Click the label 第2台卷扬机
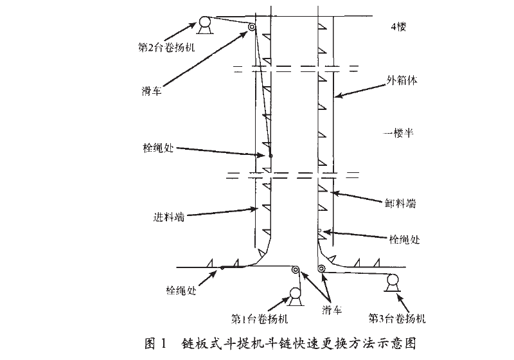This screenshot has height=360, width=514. (166, 48)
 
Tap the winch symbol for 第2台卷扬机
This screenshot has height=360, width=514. (205, 25)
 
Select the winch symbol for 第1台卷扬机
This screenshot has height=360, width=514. (296, 297)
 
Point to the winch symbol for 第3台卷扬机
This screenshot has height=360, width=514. (392, 282)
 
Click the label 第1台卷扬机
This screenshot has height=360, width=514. (260, 319)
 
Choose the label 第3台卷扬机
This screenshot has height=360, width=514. (397, 318)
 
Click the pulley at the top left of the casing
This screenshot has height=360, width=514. (252, 27)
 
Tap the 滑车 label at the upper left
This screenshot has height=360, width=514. (152, 91)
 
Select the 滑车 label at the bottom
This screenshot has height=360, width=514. (332, 309)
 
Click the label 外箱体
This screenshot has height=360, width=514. (402, 80)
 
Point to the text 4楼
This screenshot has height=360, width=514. (398, 26)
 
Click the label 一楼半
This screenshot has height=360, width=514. (398, 133)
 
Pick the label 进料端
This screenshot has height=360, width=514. (169, 217)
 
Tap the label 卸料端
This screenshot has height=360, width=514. (400, 203)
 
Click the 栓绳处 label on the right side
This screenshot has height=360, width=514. (405, 239)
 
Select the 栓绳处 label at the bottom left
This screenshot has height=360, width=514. (181, 290)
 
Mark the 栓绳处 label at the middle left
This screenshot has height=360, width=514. (158, 148)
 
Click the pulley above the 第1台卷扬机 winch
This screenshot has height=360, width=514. (296, 270)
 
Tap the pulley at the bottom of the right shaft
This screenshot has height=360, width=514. (321, 269)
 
